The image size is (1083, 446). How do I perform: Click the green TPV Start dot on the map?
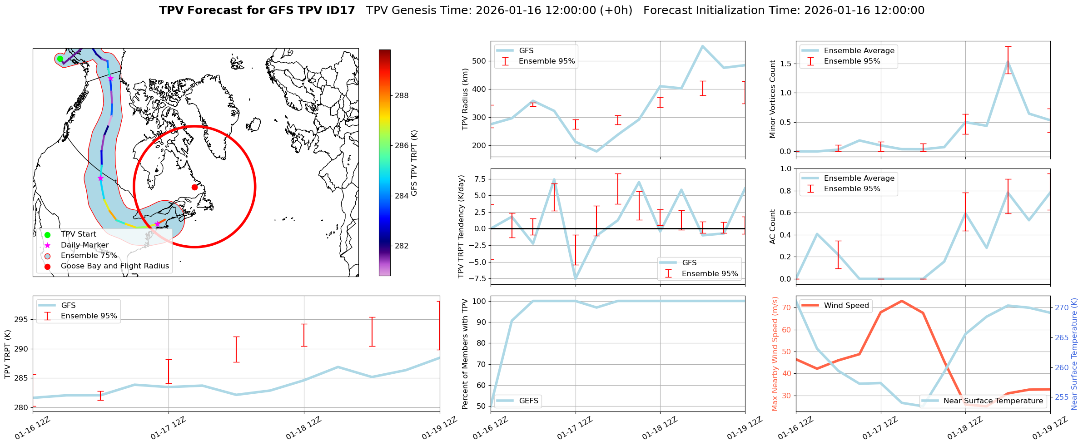60,59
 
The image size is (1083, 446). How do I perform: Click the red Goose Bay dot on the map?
194,187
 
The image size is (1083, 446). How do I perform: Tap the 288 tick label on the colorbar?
402,95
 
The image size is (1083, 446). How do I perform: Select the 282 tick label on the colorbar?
402,246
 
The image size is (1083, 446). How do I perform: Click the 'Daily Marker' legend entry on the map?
84,245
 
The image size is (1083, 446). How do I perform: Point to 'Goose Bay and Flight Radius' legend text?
114,266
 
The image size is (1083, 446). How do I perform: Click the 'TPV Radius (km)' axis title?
465,99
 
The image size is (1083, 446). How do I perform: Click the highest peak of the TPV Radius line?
702,46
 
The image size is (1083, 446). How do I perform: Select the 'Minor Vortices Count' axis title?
773,99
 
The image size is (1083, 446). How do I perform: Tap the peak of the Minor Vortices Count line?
1008,62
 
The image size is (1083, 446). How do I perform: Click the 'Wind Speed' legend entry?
846,305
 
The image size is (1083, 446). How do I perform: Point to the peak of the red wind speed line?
902,301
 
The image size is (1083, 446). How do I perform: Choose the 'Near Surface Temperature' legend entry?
993,401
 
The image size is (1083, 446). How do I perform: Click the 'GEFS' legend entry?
528,401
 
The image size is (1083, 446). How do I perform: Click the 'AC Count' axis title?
773,226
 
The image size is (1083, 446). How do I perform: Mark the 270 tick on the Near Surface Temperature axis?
1062,307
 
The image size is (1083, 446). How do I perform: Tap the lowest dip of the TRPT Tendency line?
576,278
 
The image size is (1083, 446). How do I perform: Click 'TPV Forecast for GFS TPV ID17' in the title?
257,10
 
